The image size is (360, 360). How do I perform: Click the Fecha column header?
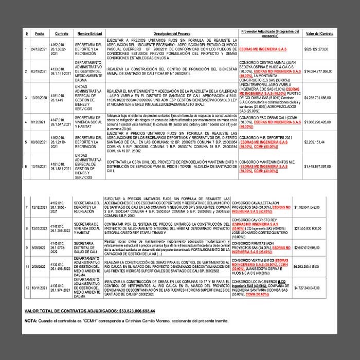point(40,33)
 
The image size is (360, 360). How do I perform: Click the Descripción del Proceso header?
point(172,33)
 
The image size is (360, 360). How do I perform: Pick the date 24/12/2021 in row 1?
point(40,49)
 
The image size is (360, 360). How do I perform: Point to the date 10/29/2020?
point(40,97)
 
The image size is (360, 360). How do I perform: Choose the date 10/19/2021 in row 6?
point(40,166)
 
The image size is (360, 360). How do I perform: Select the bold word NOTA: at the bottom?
point(30,320)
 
